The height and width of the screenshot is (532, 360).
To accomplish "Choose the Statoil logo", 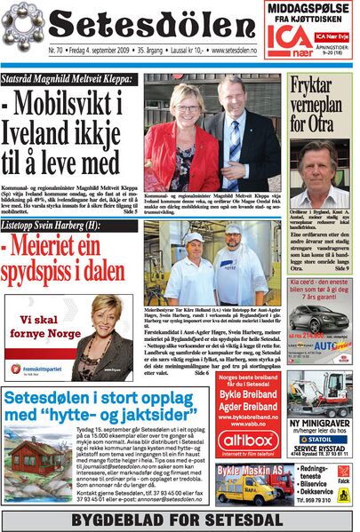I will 320,438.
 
